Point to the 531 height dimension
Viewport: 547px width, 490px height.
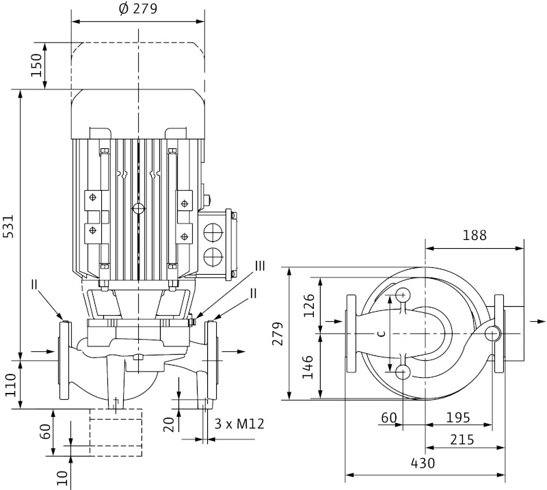coord(10,223)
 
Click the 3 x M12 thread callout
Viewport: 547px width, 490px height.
coord(239,424)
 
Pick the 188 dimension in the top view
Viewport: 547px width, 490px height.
coord(474,235)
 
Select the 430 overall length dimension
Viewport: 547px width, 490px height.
coord(423,463)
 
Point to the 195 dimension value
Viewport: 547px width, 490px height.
coord(458,417)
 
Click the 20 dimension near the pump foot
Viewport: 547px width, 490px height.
coord(169,424)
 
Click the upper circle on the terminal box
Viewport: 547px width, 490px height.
coord(214,230)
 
